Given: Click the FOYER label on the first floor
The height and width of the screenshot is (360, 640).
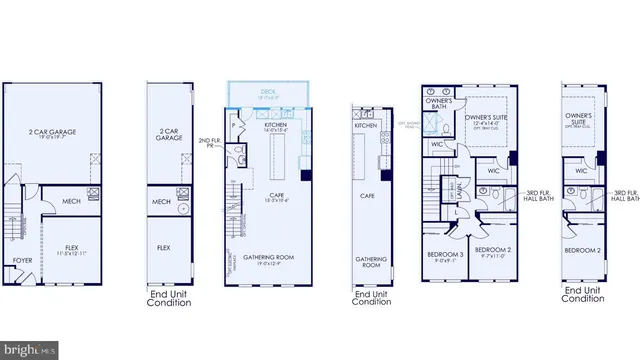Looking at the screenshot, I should [x=21, y=260].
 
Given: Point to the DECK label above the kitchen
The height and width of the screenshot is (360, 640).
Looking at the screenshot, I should [x=268, y=92].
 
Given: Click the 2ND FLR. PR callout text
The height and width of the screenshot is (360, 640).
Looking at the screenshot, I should [x=209, y=145].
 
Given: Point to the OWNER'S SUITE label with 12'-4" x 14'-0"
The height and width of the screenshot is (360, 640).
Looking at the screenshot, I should [x=489, y=119].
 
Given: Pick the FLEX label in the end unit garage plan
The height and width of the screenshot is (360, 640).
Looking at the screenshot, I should [x=163, y=246].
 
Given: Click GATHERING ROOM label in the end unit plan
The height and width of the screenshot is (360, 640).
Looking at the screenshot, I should [x=370, y=262].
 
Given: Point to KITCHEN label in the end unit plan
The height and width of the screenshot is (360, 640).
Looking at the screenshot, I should [x=365, y=126].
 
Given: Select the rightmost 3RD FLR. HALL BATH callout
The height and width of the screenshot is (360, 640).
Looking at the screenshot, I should [x=625, y=196].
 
